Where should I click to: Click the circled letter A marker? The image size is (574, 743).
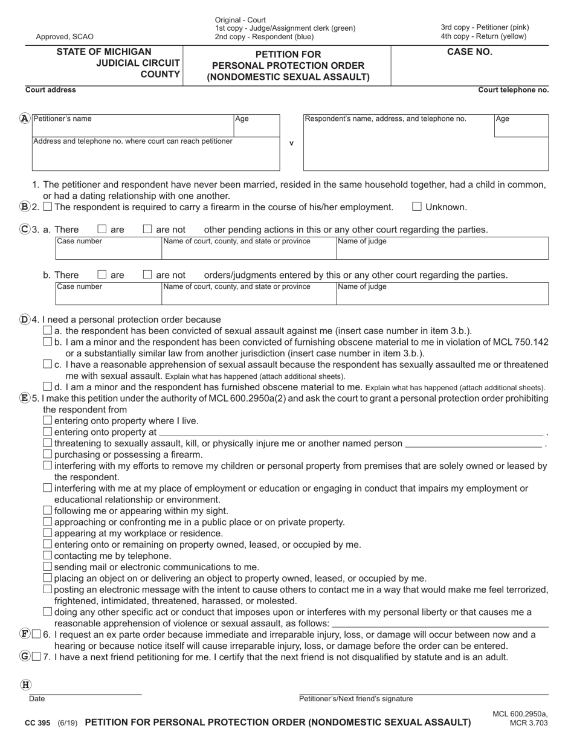tap(24, 119)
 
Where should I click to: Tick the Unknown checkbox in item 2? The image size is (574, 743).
tap(416, 207)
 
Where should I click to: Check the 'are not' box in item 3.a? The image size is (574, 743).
tap(147, 230)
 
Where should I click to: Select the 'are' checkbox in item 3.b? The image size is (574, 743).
tap(102, 275)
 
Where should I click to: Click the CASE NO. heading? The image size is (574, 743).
tap(469, 52)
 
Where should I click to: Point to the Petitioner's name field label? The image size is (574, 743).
tap(62, 119)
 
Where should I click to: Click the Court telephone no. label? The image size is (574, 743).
tap(513, 90)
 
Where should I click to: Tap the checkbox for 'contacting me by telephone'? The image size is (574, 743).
tap(48, 555)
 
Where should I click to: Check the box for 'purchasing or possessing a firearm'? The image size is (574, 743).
tap(48, 454)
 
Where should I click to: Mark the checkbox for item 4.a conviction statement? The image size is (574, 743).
tap(48, 330)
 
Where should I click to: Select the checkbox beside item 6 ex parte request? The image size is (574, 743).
tap(36, 634)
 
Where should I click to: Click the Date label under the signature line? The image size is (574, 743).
tap(37, 699)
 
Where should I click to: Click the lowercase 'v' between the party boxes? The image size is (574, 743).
tap(292, 144)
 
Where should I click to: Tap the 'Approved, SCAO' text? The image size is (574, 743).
tap(60, 37)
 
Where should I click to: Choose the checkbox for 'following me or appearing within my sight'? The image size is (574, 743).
tap(48, 510)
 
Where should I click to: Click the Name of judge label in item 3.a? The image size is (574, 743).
tap(362, 242)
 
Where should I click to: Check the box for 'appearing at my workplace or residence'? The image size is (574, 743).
tap(48, 533)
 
